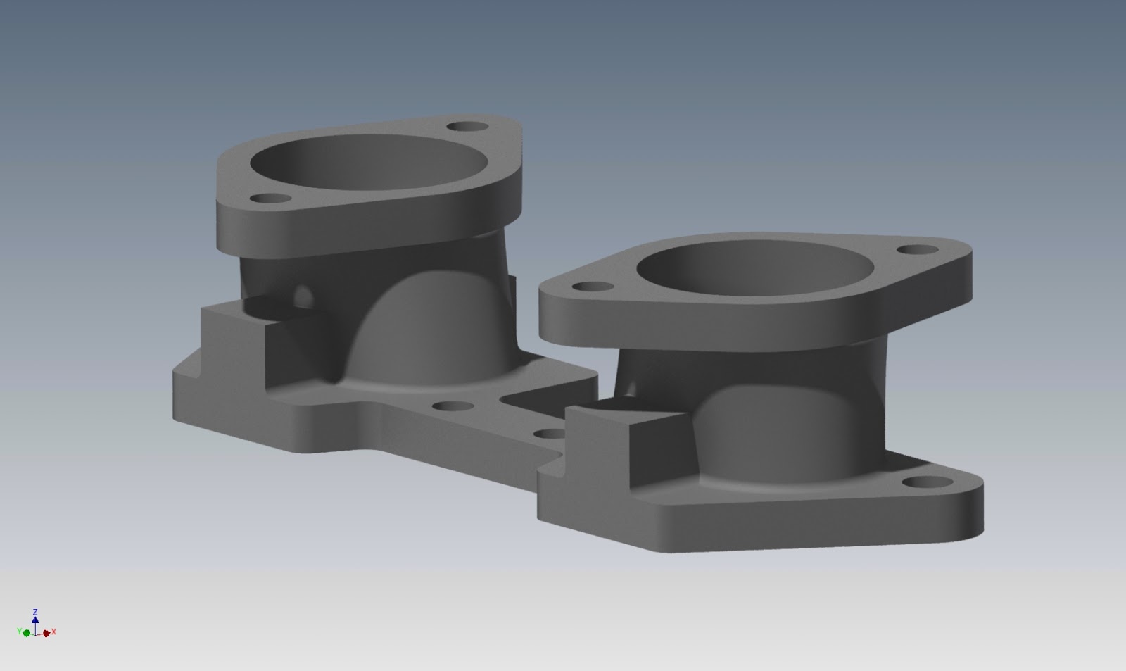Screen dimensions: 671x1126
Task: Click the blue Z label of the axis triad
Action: (35, 613)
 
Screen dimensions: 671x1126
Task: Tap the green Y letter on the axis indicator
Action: (20, 632)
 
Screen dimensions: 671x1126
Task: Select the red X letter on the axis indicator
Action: (54, 632)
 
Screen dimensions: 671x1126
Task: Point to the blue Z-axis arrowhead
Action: (35, 620)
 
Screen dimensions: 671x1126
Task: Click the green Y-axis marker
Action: (27, 633)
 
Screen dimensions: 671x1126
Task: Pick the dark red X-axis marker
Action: (46, 633)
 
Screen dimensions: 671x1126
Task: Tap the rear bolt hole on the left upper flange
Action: (468, 127)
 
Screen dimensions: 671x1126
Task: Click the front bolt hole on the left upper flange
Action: (266, 200)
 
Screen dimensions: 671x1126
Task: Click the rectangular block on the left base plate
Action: (232, 338)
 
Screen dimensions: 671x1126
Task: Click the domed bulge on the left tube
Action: (422, 331)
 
